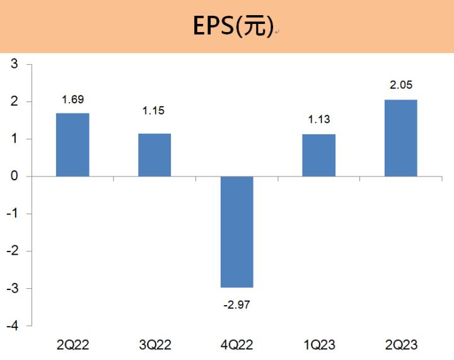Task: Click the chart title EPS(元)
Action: pyautogui.click(x=232, y=26)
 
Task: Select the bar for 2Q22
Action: pyautogui.click(x=73, y=145)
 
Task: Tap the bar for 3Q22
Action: pyautogui.click(x=154, y=155)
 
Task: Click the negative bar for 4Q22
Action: pyautogui.click(x=236, y=231)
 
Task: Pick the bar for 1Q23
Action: pyautogui.click(x=318, y=155)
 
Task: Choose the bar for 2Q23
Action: pyautogui.click(x=400, y=138)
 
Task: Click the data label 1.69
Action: pyautogui.click(x=73, y=100)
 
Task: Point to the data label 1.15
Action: pyautogui.click(x=154, y=111)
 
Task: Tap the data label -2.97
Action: pyautogui.click(x=236, y=305)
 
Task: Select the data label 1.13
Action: pyautogui.click(x=318, y=119)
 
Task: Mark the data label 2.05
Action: pyautogui.click(x=400, y=85)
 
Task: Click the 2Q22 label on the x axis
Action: pyautogui.click(x=73, y=344)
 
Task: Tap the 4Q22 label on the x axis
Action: pyautogui.click(x=236, y=344)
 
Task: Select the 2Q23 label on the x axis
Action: pyautogui.click(x=400, y=344)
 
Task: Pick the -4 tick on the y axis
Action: pyautogui.click(x=12, y=326)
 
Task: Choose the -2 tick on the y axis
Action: pyautogui.click(x=12, y=251)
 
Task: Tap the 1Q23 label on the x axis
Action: pyautogui.click(x=318, y=344)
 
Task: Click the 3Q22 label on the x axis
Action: pyautogui.click(x=154, y=344)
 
